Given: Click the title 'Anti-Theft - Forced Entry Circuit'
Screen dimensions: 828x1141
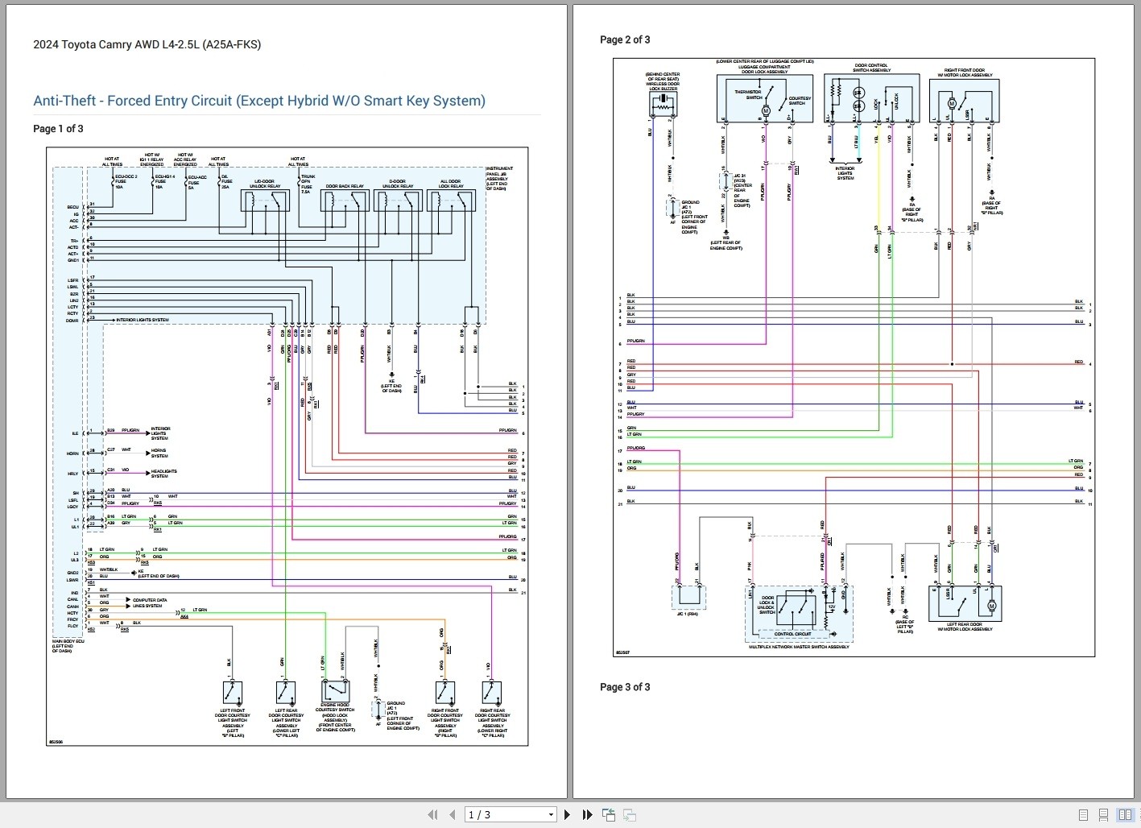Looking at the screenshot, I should (x=258, y=101).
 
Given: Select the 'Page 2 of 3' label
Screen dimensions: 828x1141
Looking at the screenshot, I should (x=625, y=39).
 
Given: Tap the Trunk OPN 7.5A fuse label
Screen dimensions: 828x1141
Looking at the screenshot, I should (x=307, y=184).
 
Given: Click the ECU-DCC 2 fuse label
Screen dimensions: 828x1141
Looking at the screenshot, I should (x=125, y=180).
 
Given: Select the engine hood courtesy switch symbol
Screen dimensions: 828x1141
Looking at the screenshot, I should (x=333, y=691).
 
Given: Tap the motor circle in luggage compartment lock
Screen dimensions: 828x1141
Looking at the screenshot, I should (x=766, y=110).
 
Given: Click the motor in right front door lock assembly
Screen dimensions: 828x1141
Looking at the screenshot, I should (x=952, y=103).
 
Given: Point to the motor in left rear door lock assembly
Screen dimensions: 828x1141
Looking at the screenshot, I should (x=991, y=605).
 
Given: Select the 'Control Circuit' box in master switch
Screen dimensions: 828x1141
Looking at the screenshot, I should (x=792, y=634).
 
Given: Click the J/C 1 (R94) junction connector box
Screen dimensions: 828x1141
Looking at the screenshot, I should (x=688, y=598).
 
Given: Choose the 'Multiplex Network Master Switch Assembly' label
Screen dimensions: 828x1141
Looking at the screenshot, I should (x=798, y=647).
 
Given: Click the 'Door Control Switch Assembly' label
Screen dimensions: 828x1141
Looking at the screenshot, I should (x=872, y=68).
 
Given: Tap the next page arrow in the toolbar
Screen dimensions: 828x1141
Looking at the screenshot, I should (x=568, y=815).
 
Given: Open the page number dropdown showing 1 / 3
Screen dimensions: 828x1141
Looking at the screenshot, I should (x=511, y=815).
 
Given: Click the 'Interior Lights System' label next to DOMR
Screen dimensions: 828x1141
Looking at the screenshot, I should (x=143, y=320).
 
